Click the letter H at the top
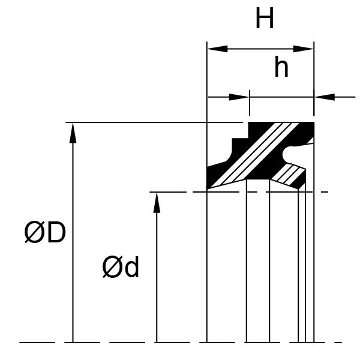coord(265,19)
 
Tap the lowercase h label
coord(281,68)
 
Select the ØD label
coord(44,233)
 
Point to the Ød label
coord(121,268)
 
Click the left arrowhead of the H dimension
coord(214,49)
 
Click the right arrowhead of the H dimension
coord(307,49)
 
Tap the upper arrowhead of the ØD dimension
coord(73,130)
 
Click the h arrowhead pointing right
coord(241,96)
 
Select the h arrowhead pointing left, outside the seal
coord(322,96)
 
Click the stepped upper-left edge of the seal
coord(235,142)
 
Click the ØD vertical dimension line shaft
coord(73,240)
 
